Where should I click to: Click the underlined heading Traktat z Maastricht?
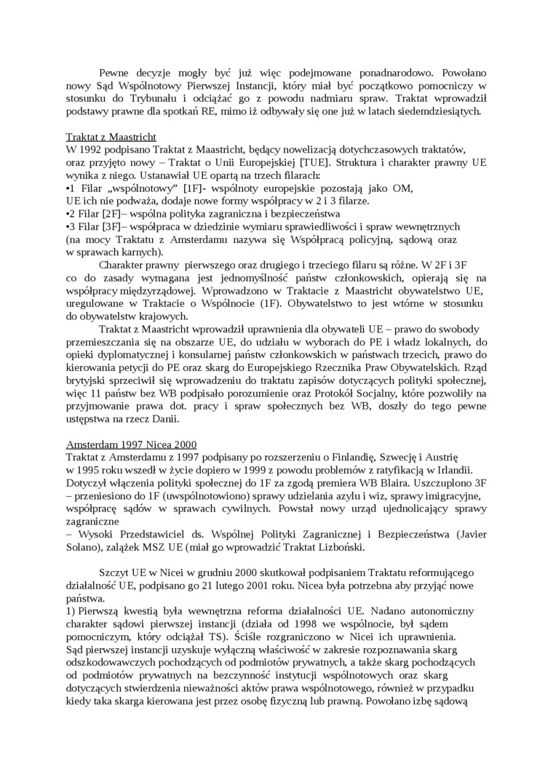click(111, 137)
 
